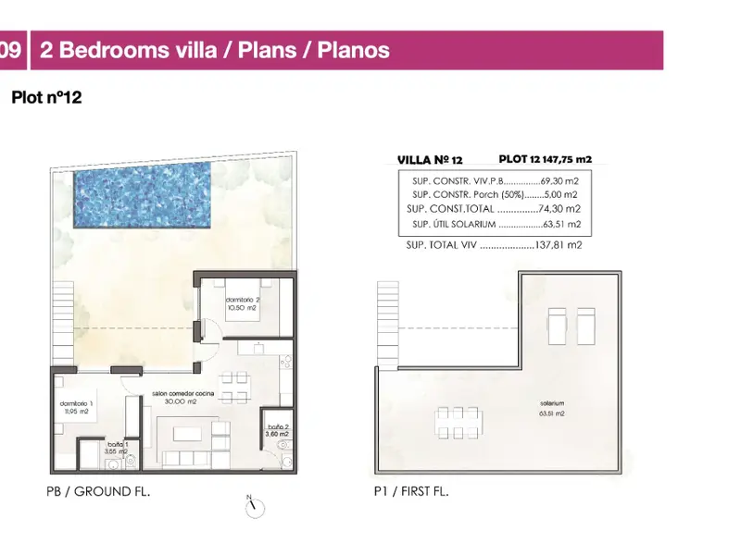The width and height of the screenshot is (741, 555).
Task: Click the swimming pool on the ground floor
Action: pos(142,196)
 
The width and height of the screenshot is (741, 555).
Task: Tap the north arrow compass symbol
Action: pos(256,507)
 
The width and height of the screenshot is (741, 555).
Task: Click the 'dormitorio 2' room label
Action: pos(243,300)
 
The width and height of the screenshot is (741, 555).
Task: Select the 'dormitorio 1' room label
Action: pos(77,403)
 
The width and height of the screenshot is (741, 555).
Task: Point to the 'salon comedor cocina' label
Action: pos(182,393)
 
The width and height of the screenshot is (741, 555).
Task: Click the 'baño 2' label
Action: pos(278,426)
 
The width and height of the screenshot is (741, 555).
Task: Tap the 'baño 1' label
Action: pos(118,444)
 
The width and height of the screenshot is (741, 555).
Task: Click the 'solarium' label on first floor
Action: pos(552,403)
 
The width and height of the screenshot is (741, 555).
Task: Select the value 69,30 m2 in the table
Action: pos(559,181)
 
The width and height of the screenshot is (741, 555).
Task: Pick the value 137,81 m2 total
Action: pos(559,245)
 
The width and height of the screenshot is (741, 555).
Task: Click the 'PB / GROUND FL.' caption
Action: pos(98,491)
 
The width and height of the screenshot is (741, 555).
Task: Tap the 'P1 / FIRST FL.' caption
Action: pos(411,491)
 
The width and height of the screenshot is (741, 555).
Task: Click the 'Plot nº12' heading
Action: pos(47,97)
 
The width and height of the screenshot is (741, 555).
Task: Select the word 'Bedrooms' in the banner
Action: pos(114,50)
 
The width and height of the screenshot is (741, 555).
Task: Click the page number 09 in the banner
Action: pos(10,50)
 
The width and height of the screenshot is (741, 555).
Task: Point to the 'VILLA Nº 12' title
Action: pos(430,160)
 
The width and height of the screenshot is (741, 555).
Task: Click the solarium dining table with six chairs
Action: pos(458,423)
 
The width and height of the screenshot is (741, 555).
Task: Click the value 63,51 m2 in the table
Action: pos(562,224)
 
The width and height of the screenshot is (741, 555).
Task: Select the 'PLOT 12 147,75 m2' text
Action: pos(546,159)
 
